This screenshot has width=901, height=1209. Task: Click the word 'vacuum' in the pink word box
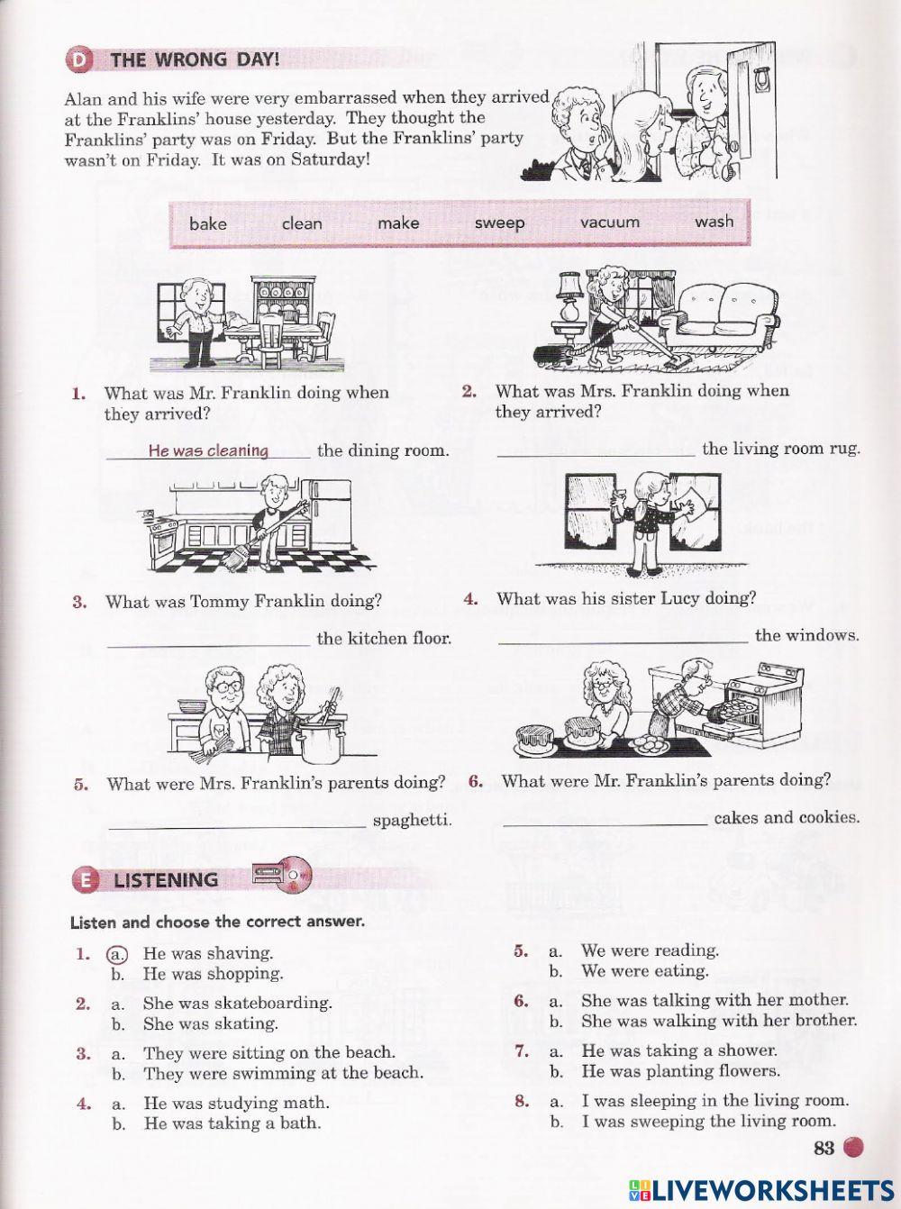coord(610,222)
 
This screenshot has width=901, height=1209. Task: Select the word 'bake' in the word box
coord(208,223)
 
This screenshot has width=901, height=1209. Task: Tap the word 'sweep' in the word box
coord(499,223)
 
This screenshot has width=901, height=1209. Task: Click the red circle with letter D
coord(79,60)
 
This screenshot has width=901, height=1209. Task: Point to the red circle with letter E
coord(85,879)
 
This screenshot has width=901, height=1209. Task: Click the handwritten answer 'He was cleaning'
coord(208,450)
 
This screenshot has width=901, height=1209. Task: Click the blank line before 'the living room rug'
coord(596,455)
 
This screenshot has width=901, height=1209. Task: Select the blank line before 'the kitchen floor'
coord(208,644)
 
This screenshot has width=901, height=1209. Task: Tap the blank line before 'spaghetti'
coord(237,826)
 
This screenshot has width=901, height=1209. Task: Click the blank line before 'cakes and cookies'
coord(605,824)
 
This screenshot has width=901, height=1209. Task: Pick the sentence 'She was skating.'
coord(210,1023)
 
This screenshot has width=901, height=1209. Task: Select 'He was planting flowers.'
coord(680,1071)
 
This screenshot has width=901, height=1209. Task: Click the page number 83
coord(824,1147)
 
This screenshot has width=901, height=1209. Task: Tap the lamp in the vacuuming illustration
coord(570,297)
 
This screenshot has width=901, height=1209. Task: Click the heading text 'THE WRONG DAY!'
coord(195,60)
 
